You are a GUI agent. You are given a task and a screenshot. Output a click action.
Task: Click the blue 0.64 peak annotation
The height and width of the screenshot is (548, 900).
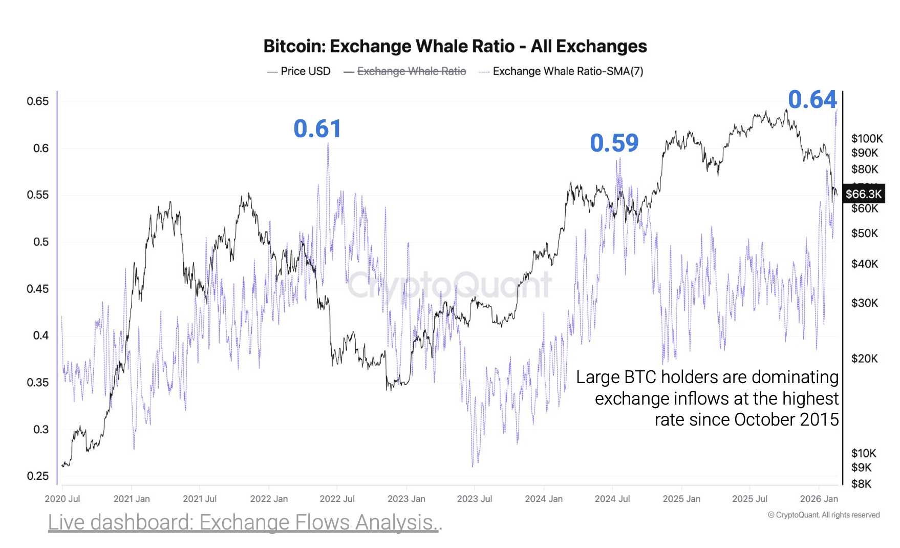click(812, 99)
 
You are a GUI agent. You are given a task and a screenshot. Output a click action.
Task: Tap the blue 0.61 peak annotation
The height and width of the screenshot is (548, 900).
click(317, 129)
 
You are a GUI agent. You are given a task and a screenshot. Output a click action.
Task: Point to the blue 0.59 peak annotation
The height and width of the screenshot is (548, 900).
click(614, 143)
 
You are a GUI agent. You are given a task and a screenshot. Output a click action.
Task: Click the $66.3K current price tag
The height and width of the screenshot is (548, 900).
click(863, 194)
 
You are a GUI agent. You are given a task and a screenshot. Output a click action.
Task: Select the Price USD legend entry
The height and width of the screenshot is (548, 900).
click(299, 71)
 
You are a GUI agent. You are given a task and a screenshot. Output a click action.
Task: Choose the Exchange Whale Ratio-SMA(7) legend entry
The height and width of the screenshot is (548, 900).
click(567, 71)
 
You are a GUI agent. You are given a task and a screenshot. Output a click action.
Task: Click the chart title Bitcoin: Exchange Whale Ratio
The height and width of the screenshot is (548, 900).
click(455, 46)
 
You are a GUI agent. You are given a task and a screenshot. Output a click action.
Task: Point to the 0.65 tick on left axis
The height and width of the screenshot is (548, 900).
click(38, 101)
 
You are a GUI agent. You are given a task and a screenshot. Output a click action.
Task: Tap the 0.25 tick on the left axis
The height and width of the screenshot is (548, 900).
click(38, 476)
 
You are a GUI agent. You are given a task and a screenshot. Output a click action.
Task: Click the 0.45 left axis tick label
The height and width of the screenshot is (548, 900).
click(38, 289)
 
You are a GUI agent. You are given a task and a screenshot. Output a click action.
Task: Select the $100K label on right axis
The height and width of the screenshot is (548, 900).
click(867, 138)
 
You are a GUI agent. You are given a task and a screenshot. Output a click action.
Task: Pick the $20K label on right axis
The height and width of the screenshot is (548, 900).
click(864, 359)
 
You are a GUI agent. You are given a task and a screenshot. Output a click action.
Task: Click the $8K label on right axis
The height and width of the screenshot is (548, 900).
click(861, 483)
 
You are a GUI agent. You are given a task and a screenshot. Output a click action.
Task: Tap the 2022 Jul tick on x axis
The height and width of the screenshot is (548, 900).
click(337, 498)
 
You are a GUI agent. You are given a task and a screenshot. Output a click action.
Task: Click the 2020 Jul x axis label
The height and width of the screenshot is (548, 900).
click(62, 498)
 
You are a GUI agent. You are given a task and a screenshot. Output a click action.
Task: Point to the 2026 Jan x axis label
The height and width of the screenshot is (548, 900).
click(819, 498)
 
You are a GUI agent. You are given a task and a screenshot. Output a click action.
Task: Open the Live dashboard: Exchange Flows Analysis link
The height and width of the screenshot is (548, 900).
click(245, 522)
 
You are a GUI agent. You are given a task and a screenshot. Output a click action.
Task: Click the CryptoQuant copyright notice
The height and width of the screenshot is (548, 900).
click(823, 515)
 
